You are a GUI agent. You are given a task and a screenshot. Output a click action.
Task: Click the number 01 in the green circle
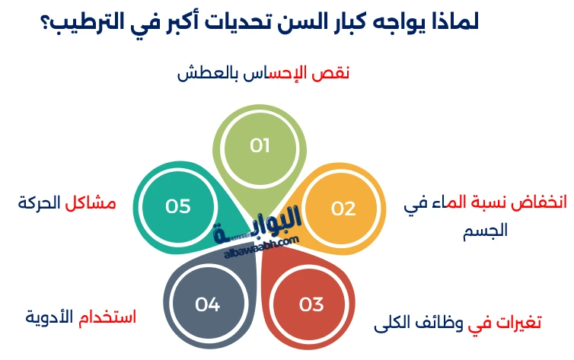260,145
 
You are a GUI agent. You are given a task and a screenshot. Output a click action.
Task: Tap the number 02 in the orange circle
343,209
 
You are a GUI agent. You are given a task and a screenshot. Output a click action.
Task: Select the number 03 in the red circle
311,304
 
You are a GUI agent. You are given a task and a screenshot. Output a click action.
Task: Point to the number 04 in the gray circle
207,304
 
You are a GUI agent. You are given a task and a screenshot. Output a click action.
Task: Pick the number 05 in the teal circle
177,206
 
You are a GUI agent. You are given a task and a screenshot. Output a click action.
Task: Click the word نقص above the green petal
333,73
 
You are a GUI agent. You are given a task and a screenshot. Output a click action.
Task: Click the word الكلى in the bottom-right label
392,324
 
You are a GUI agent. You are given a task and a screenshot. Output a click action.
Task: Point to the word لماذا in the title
451,20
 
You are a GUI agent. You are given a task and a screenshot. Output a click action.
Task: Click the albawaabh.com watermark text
262,243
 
